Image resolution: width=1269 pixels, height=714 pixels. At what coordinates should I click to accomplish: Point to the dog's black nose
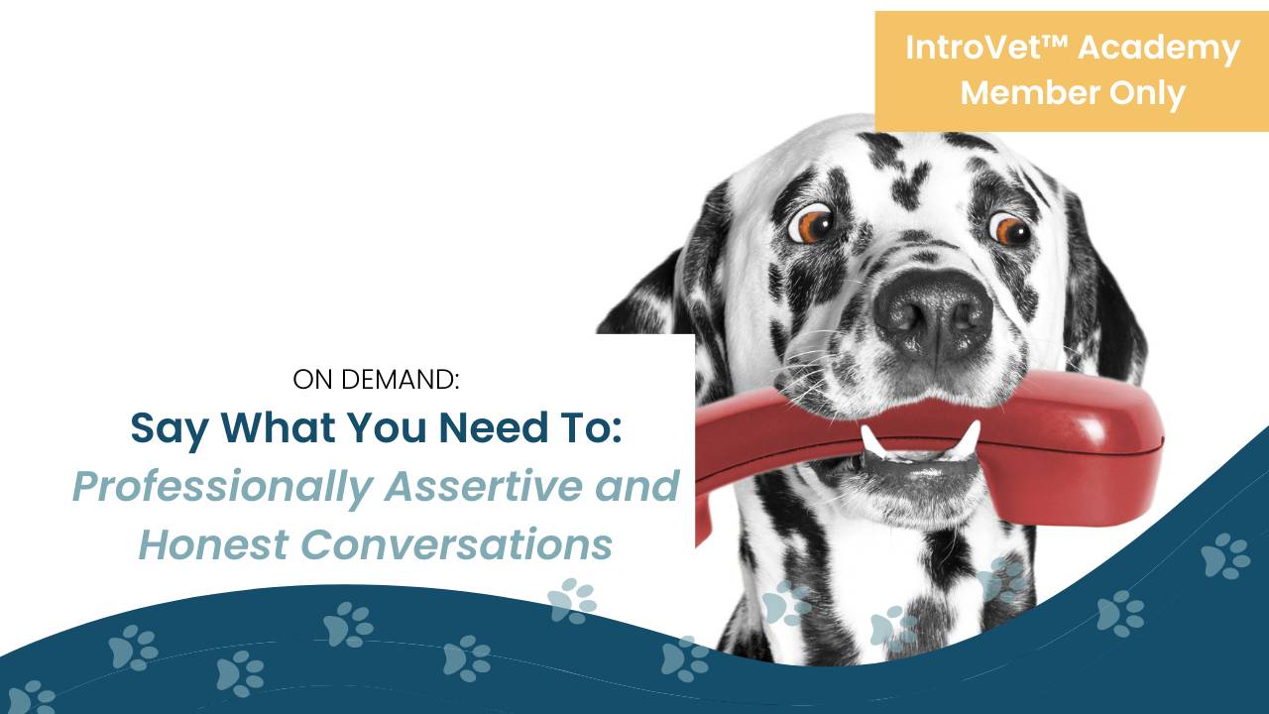[932, 313]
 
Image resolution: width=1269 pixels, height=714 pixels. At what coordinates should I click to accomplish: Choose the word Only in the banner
[1148, 93]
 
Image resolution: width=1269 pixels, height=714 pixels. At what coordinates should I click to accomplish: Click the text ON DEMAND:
[377, 379]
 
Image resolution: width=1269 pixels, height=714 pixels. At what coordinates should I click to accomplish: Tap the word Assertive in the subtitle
[489, 486]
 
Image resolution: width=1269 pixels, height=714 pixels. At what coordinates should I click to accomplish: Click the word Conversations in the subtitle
[456, 544]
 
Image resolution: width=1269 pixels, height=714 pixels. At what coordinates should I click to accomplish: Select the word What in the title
[277, 427]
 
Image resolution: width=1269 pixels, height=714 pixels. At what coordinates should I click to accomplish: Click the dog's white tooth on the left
[872, 441]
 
